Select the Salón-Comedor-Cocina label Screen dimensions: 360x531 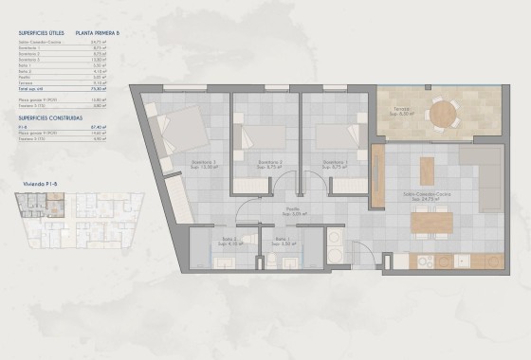[423, 196]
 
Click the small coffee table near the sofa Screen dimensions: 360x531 [427, 171]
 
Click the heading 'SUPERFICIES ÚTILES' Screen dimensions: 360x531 [39, 31]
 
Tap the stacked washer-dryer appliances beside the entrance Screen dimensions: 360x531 [335, 244]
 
